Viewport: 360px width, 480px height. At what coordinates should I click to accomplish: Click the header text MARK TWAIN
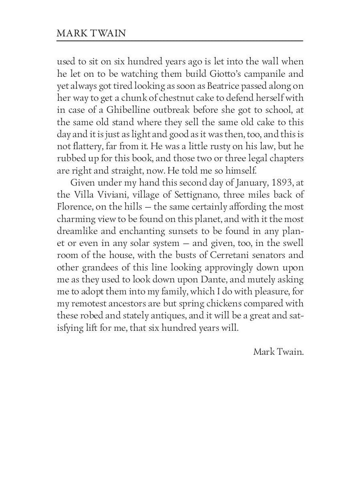click(x=91, y=33)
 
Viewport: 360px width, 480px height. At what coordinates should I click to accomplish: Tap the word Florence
click(x=74, y=207)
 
